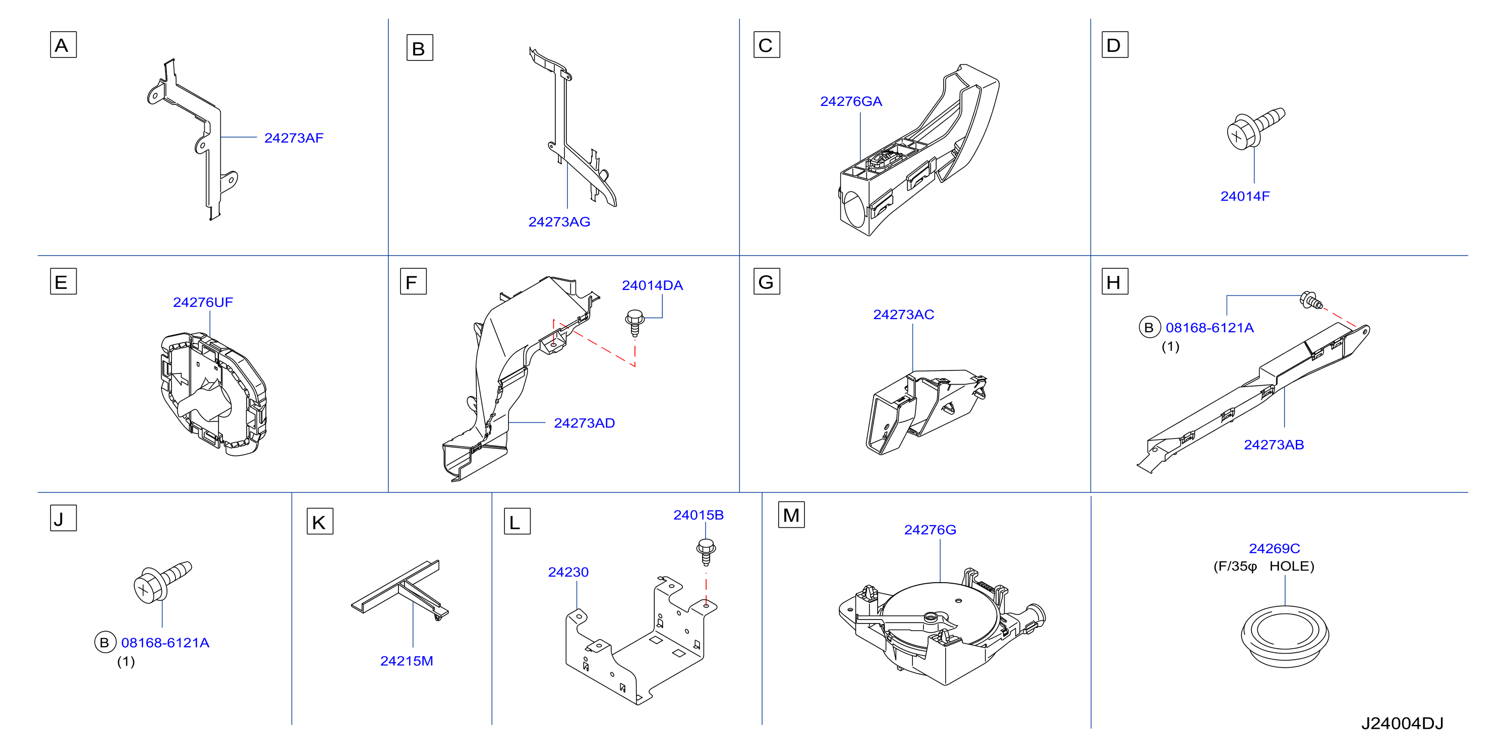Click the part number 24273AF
(x=294, y=138)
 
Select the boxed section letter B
(x=419, y=48)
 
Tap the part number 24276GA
(x=851, y=102)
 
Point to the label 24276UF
(x=203, y=302)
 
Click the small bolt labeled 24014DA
(x=635, y=323)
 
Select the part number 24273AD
(x=584, y=423)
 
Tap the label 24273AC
(x=903, y=315)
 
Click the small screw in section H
(x=1310, y=300)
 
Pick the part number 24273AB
(x=1273, y=445)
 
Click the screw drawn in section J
(x=162, y=582)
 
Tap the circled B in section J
(x=104, y=642)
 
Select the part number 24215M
(x=407, y=661)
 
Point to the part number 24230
(x=568, y=572)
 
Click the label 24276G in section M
(x=930, y=529)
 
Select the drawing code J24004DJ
(x=1402, y=723)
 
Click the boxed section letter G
(x=767, y=282)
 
